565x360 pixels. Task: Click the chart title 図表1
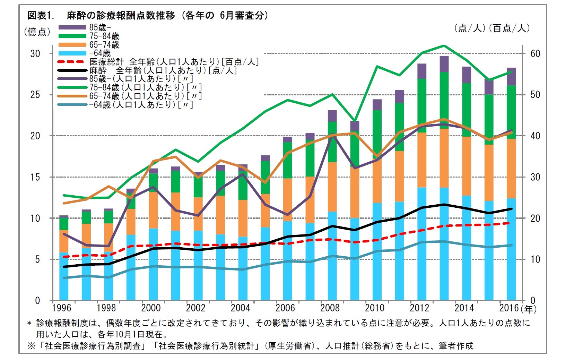(41, 16)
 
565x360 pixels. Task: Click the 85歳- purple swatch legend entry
(72, 27)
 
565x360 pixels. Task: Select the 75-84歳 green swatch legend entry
(72, 36)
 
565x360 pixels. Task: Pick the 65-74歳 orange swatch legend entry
(72, 45)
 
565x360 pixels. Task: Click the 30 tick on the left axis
(35, 54)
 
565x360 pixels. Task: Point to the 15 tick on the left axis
(35, 177)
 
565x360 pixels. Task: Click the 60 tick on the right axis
(535, 54)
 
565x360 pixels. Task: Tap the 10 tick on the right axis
(535, 259)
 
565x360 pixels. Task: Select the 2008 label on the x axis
(330, 308)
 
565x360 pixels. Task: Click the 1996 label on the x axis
(61, 308)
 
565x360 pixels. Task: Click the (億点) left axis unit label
(37, 32)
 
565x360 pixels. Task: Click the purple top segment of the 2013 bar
(444, 64)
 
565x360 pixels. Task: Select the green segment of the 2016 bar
(511, 112)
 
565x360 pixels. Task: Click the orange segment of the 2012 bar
(422, 160)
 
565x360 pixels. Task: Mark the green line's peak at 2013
(444, 46)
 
